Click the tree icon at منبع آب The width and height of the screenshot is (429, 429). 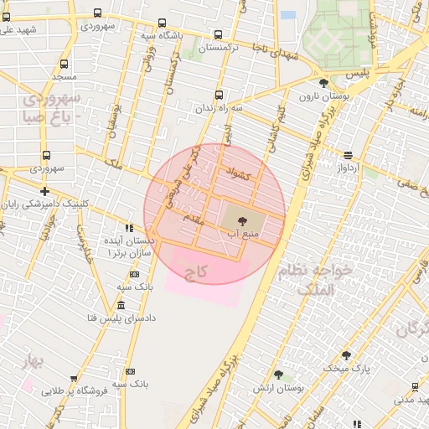tap(243, 221)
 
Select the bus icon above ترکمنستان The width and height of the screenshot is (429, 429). tap(219, 35)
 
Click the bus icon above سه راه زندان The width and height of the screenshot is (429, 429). tap(220, 96)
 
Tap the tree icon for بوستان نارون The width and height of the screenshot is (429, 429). tap(324, 82)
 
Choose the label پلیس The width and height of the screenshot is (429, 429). tap(358, 74)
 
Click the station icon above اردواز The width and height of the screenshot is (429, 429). tap(348, 154)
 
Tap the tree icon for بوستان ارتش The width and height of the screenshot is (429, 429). tap(278, 375)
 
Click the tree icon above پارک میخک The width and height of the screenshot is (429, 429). tap(345, 355)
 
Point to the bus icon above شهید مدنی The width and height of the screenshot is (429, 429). tap(416, 386)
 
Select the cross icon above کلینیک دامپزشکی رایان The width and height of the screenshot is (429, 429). tap(44, 191)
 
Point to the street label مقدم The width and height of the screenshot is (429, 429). tap(194, 217)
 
